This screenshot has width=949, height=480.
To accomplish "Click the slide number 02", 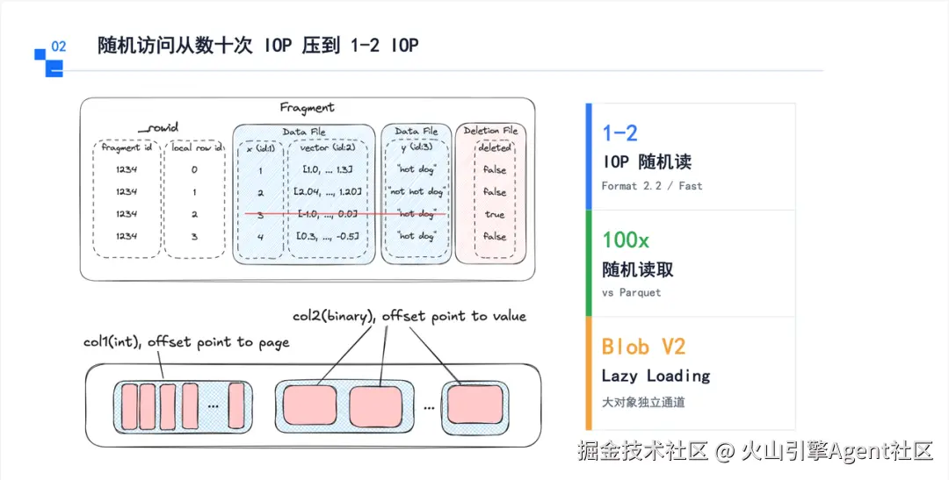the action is pos(59,47).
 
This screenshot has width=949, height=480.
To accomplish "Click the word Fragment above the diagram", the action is pos(307,108).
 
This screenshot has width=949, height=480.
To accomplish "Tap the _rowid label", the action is pos(158,127).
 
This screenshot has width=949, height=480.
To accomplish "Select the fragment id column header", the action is pos(127,147).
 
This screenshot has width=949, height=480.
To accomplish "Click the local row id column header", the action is pos(196,147).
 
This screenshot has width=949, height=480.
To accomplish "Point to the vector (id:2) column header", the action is pos(327,147).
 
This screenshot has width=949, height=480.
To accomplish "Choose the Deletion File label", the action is pos(490,131).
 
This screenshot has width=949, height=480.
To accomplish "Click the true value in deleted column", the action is pos(495,214).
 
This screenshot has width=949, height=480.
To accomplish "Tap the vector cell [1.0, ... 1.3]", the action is pos(327,170).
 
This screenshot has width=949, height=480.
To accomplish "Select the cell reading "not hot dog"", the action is pos(417,191).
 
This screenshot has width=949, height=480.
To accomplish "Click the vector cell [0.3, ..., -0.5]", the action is pos(327,236).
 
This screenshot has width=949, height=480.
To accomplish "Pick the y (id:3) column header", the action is pos(417,147).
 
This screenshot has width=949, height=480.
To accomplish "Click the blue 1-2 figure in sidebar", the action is pos(619,133).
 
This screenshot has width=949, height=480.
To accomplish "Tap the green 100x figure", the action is pos(626,240).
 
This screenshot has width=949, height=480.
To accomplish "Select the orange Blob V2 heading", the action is pos(643,347).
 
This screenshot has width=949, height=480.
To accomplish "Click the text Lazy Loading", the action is pos(656,376).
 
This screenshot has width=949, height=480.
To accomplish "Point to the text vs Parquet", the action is pos(631,292).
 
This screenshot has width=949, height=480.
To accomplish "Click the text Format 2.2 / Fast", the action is pos(652,186).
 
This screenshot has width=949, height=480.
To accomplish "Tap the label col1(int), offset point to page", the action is pos(186,342).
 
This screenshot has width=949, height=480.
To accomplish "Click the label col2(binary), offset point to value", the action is pos(409,316).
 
